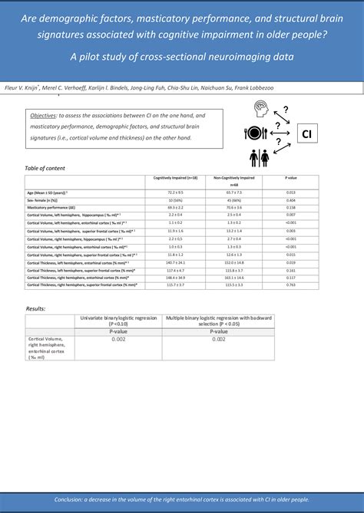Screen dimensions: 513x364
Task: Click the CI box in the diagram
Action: click(x=306, y=134)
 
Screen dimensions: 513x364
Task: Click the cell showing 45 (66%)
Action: click(x=238, y=200)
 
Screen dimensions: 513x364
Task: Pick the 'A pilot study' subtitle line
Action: click(x=182, y=57)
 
